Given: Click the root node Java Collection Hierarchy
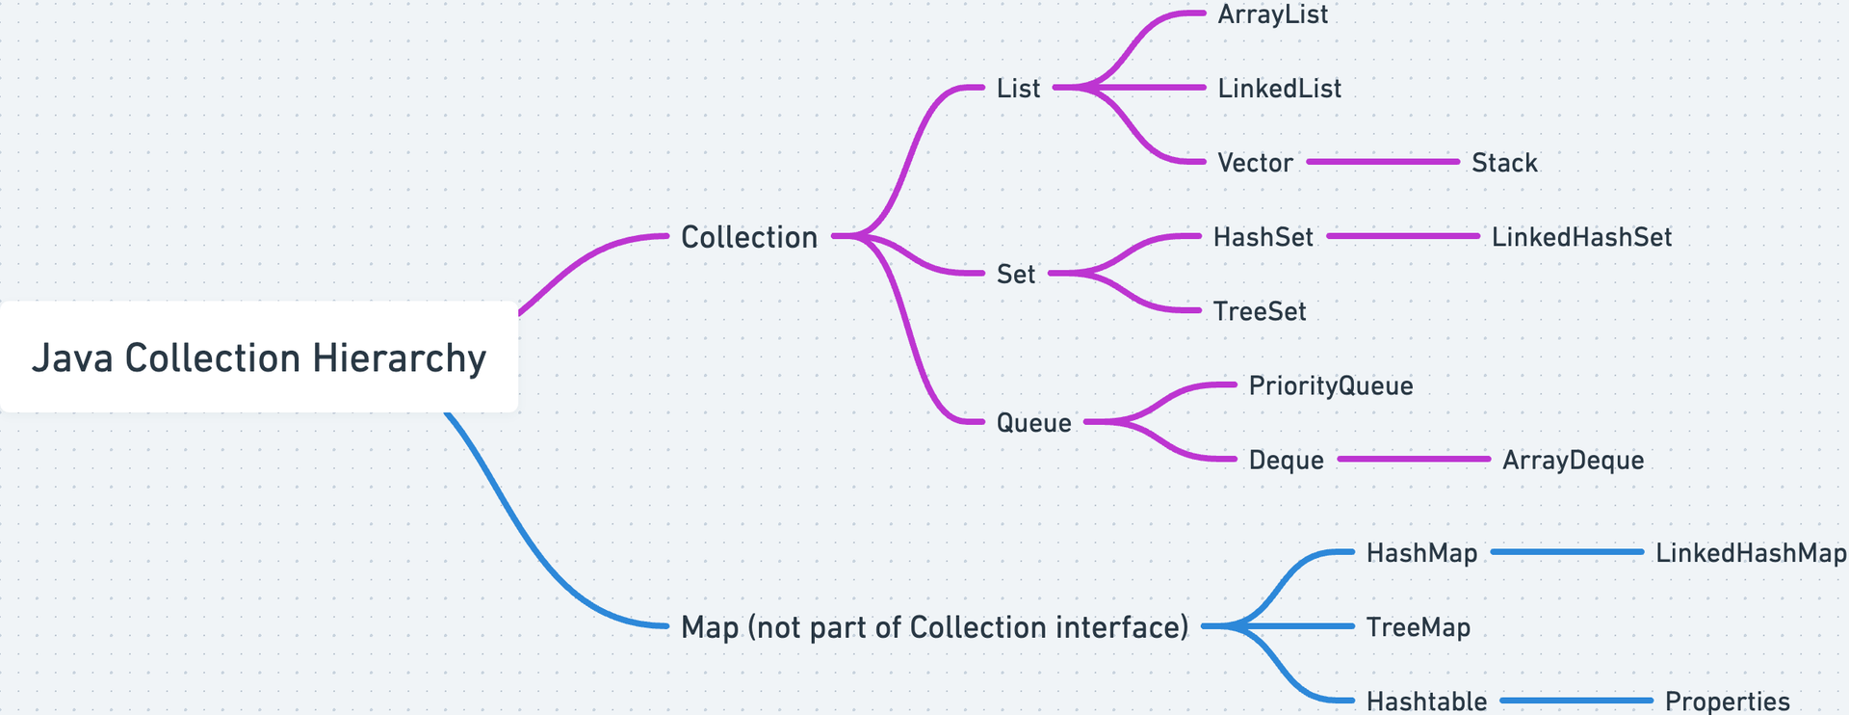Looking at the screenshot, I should [258, 357].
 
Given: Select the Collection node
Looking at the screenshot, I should [748, 237].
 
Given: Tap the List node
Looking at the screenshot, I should [1018, 89].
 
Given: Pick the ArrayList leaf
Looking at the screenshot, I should [1272, 14].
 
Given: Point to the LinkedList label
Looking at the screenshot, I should [1279, 89].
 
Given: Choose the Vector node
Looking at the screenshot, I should [1255, 163].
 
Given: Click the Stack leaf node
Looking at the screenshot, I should [1504, 163].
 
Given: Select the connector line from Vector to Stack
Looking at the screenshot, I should [1383, 162].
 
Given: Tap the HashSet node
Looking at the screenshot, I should [1263, 237].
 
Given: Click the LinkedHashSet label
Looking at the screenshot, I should [1581, 237].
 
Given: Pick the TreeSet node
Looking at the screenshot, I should [1260, 311].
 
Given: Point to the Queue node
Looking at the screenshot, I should [1033, 423].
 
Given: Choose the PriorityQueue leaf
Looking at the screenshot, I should [1331, 386].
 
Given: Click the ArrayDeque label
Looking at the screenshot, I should [1573, 461].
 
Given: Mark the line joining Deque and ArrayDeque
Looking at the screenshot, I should [1414, 460].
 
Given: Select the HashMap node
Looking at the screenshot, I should [1421, 553].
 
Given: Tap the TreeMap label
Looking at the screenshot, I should [1418, 628].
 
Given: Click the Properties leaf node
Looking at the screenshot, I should [1727, 702].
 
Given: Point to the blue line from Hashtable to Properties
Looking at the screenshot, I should [1576, 701].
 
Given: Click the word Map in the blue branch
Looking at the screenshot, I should [709, 627].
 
